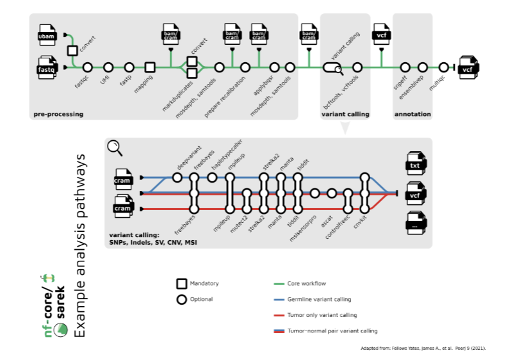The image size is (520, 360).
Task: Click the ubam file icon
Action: [47, 36]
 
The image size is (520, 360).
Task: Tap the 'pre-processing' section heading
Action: [58, 115]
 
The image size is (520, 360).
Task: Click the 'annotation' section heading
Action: [412, 115]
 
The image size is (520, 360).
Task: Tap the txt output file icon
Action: [416, 165]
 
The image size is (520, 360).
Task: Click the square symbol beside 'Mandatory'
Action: [182, 283]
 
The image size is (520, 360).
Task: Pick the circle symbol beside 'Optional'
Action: [182, 299]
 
